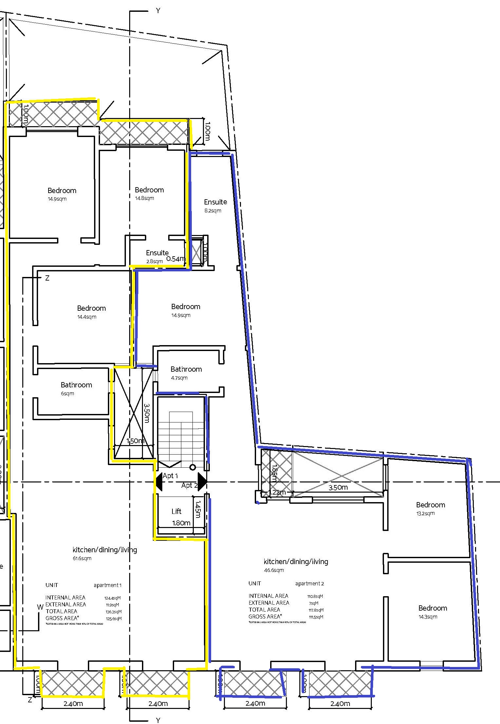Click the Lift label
[176, 511]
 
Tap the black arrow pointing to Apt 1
[159, 481]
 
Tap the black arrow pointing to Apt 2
[202, 481]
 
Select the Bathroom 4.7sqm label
[186, 369]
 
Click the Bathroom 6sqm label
[76, 385]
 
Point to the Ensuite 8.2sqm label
[215, 202]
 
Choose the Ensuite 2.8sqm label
[157, 253]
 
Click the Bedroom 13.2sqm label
[430, 505]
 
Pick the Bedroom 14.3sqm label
[432, 608]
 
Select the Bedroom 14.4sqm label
[91, 308]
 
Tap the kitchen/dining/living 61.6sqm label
[105, 550]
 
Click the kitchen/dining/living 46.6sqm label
[296, 561]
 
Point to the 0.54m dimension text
[175, 259]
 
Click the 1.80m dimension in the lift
[181, 523]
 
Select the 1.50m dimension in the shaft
[135, 441]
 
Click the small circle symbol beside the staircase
[193, 467]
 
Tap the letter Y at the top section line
[158, 11]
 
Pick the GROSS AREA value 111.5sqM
[316, 617]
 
